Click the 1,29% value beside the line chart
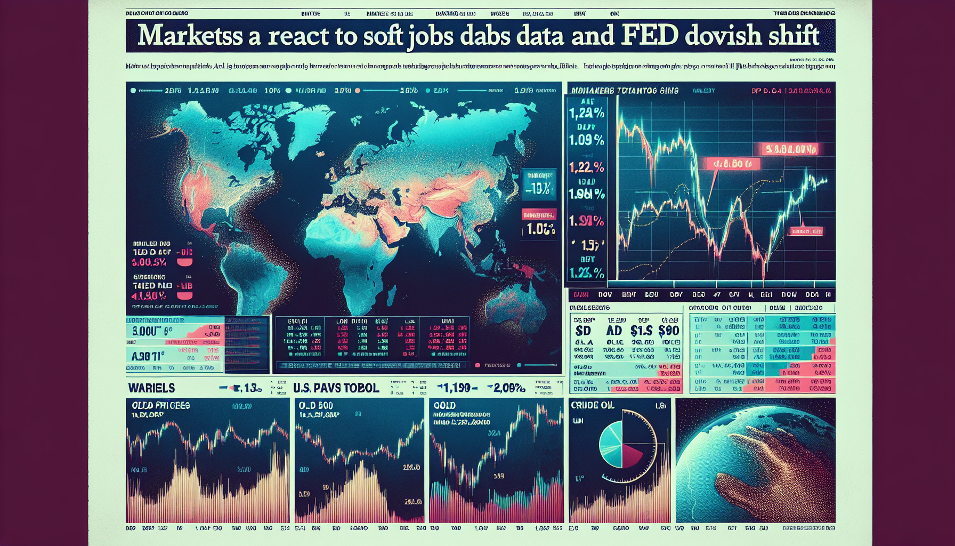(586, 113)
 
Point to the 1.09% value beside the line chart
(586, 140)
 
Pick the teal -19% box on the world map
(540, 188)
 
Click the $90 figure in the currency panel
(668, 331)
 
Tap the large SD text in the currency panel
(583, 331)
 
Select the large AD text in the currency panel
(614, 331)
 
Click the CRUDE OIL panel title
(593, 405)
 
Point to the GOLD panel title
(444, 405)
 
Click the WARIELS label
(151, 388)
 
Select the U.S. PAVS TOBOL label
(336, 388)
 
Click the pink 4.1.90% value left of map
(149, 296)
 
